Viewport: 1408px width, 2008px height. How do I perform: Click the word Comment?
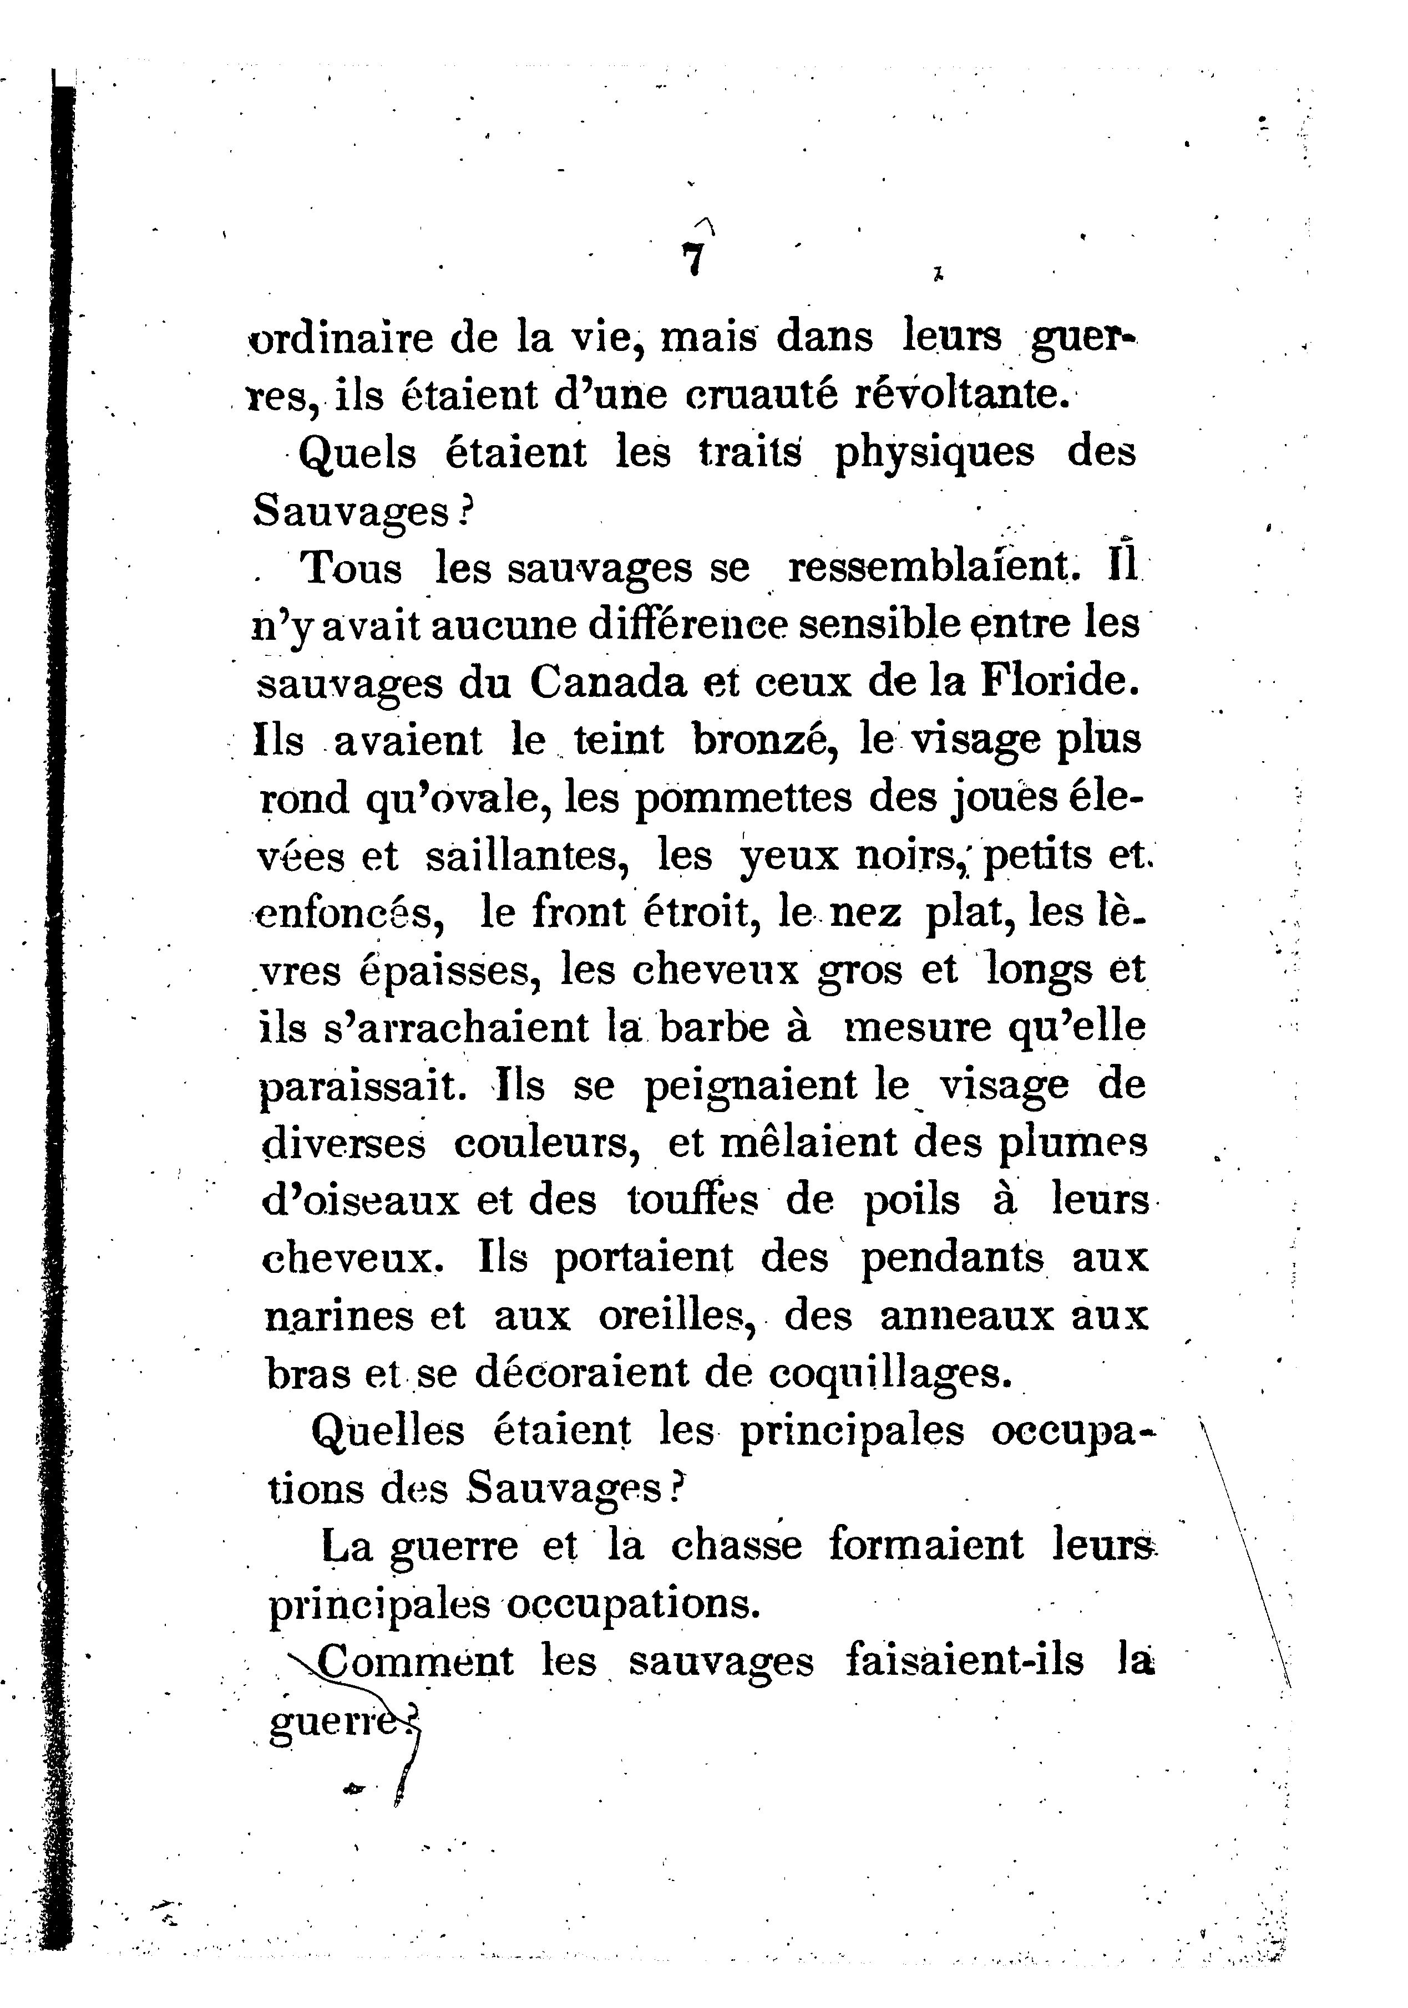point(416,1661)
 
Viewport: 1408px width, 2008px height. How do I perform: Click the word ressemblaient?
point(935,568)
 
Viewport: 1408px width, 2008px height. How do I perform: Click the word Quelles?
point(388,1431)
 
